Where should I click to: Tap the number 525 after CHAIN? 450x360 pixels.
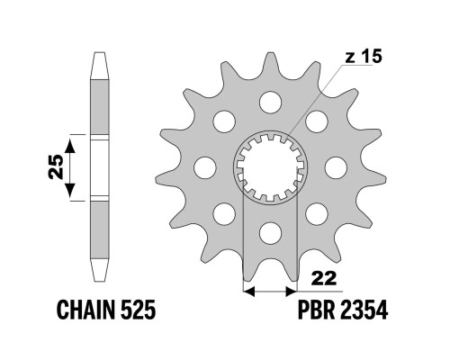(139, 310)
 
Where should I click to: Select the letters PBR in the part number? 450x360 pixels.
(316, 310)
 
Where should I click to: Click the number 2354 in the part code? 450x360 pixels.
(364, 310)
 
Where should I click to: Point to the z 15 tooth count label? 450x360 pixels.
(364, 57)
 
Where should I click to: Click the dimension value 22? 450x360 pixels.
(324, 278)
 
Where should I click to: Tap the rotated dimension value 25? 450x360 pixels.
(56, 166)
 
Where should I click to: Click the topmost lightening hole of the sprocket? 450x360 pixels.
(270, 103)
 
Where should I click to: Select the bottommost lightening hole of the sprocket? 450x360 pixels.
(270, 233)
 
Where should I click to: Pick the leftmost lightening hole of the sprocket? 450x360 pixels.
(205, 167)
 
